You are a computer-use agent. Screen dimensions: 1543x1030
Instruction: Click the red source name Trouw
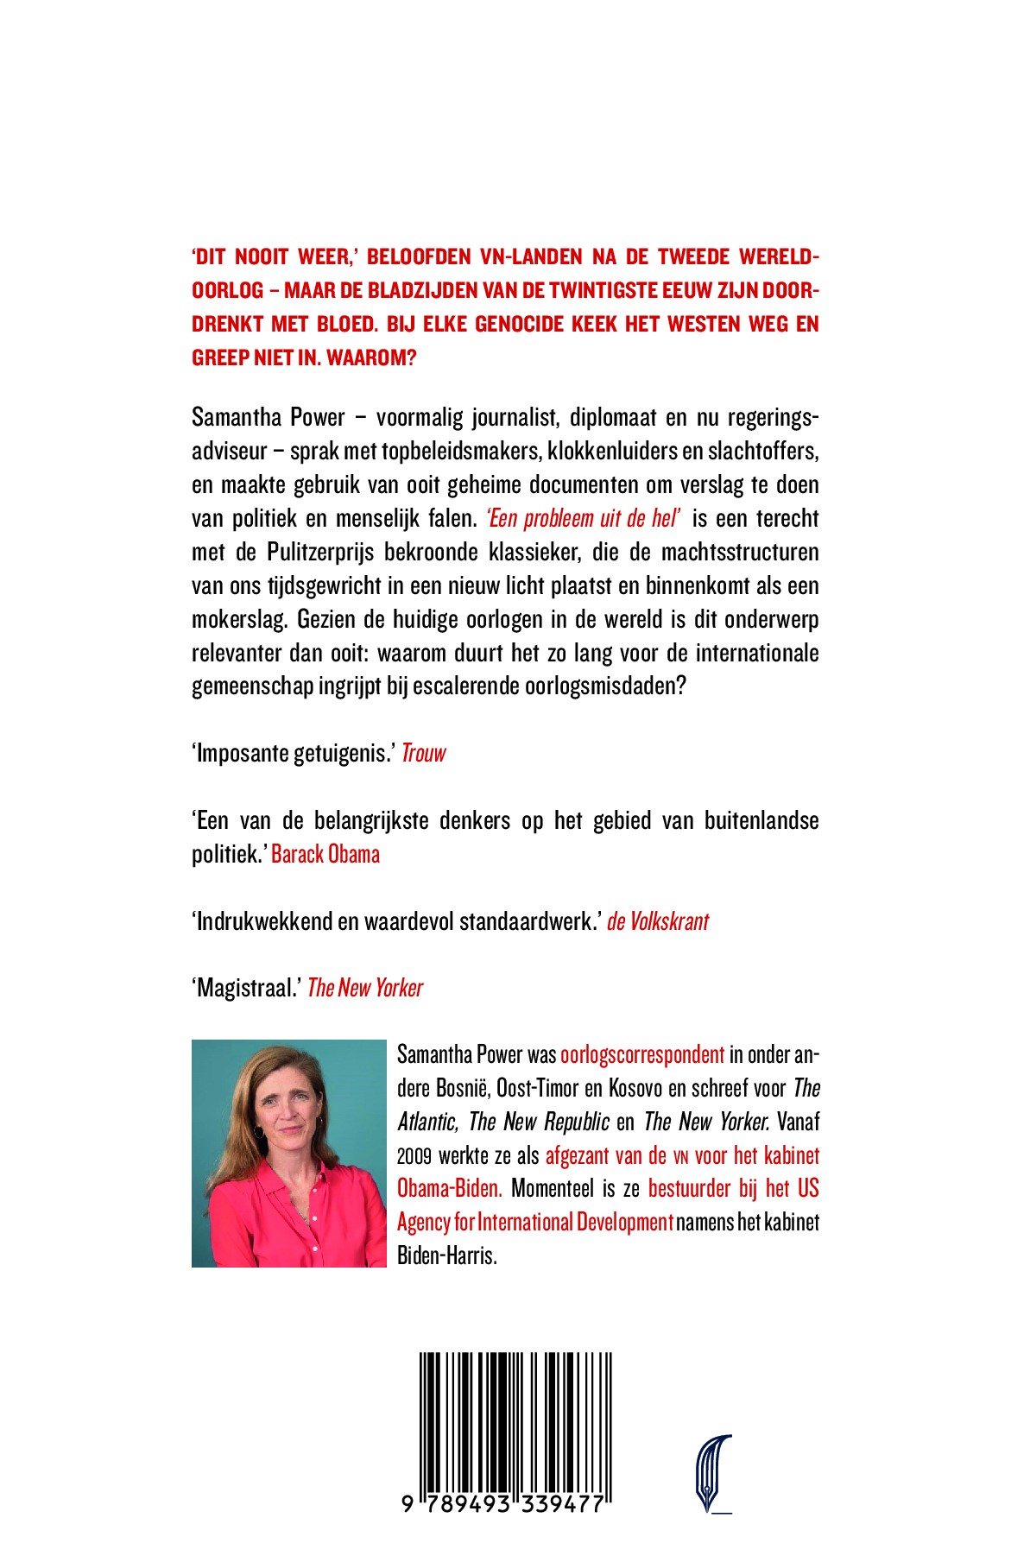424,754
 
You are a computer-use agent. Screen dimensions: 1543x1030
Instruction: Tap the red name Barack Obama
325,855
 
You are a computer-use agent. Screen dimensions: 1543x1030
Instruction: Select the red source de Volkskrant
658,922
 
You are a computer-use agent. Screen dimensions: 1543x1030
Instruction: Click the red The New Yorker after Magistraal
365,989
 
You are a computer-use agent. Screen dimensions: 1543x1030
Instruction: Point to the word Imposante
243,754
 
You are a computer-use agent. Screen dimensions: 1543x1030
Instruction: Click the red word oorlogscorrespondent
642,1055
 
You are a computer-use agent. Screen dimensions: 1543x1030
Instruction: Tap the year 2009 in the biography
414,1156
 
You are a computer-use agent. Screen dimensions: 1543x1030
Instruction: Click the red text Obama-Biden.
450,1189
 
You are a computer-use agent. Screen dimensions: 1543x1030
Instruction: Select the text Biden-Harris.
447,1256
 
